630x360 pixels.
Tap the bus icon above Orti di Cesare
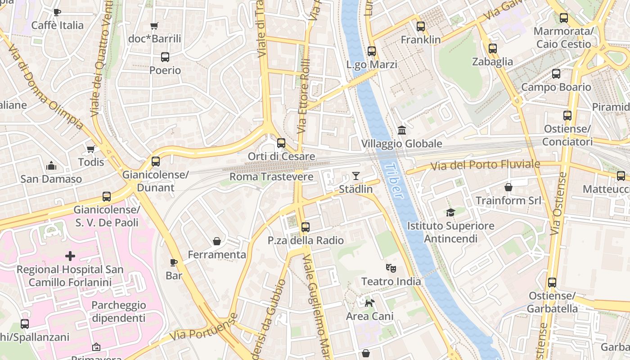[281, 143]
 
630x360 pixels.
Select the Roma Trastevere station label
[271, 177]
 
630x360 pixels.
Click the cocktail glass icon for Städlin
[356, 175]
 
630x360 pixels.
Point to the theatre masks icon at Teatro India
[391, 268]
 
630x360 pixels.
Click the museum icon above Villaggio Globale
[402, 130]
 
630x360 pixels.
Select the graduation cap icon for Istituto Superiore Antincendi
[450, 212]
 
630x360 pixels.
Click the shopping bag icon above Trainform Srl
[508, 187]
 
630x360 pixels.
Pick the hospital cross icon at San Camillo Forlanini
[70, 256]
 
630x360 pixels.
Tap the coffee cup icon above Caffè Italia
[57, 12]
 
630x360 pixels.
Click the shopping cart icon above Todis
[91, 149]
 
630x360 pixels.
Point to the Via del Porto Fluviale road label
[485, 165]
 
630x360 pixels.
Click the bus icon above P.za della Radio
[306, 227]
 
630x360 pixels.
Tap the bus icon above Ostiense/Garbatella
[552, 283]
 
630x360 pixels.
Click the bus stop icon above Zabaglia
[493, 48]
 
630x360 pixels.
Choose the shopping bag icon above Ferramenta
[217, 241]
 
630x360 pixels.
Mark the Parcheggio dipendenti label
[119, 311]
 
